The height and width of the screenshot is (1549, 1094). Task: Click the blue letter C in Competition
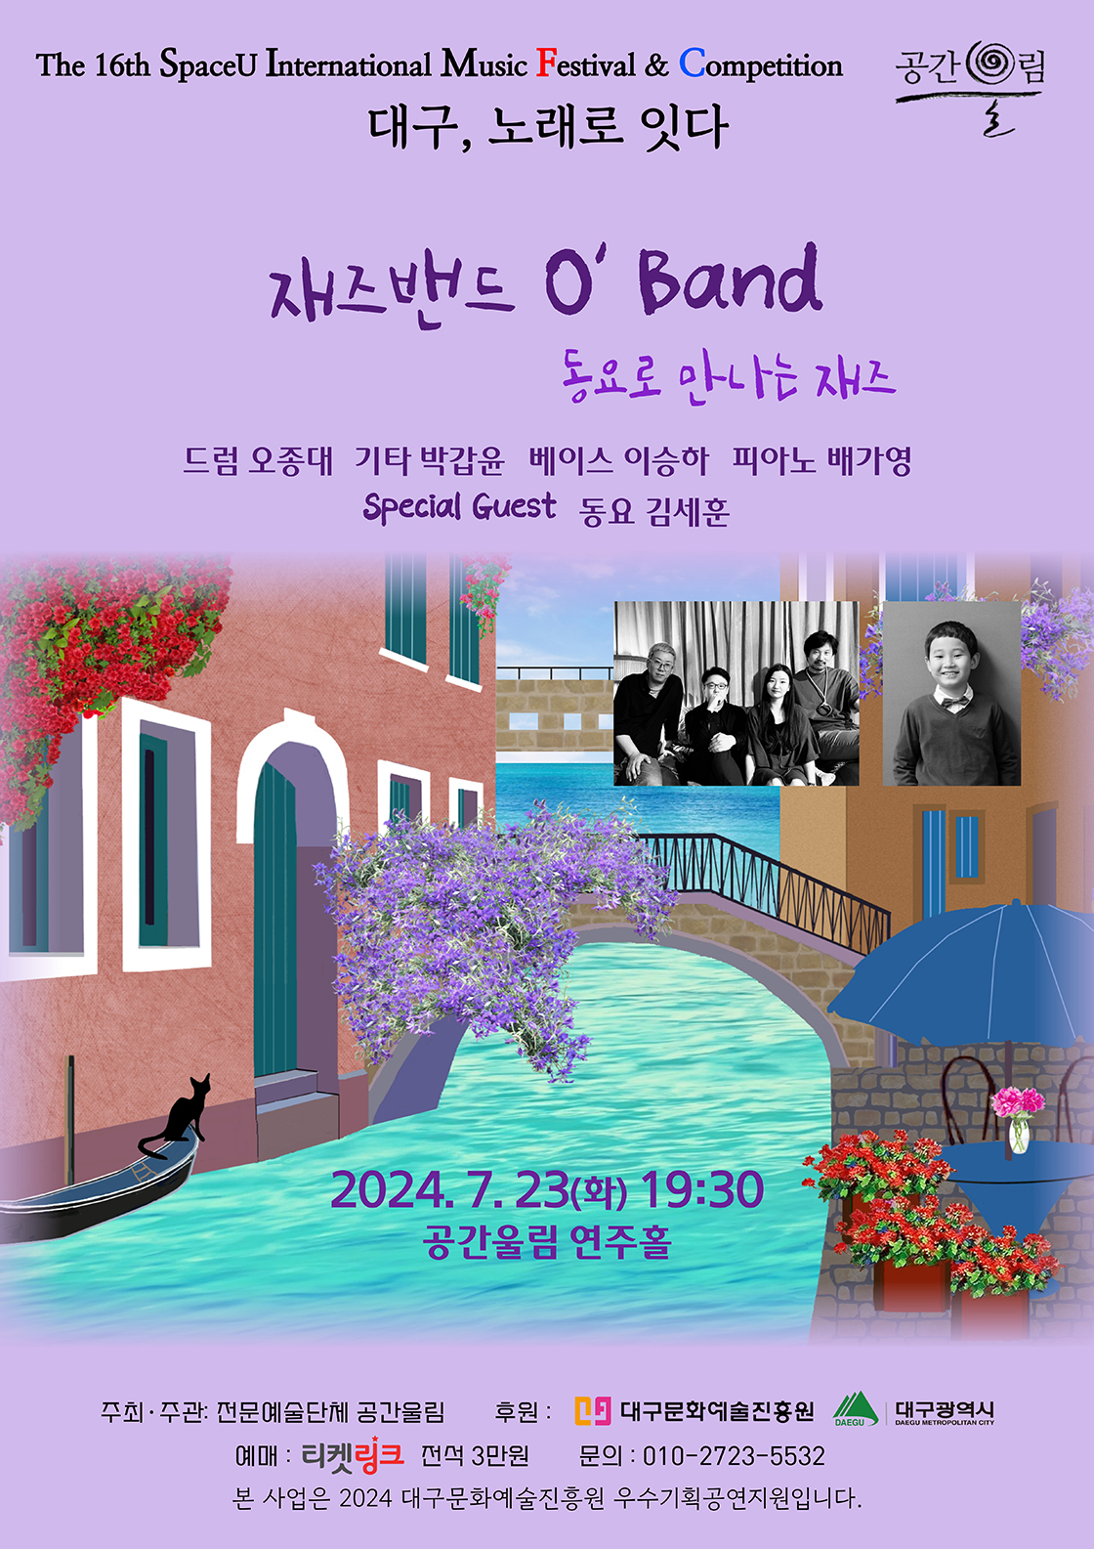(x=692, y=65)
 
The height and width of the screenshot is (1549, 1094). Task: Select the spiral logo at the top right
(x=990, y=65)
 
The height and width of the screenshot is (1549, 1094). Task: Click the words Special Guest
(x=459, y=507)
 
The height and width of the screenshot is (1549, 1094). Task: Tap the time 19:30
(x=702, y=1189)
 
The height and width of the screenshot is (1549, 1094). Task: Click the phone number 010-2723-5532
(x=733, y=1456)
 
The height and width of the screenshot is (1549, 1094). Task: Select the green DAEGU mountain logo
(x=855, y=1409)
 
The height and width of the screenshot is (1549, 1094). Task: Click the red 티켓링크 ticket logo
(x=353, y=1456)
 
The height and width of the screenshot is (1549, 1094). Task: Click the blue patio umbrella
(x=967, y=977)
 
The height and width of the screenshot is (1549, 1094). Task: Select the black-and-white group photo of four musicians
(x=736, y=693)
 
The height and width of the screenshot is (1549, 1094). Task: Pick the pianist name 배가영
(x=869, y=460)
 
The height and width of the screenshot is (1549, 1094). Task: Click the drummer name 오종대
(x=291, y=460)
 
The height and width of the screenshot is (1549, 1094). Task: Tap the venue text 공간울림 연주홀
(x=547, y=1242)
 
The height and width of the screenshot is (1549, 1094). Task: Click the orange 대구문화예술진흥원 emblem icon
(x=592, y=1410)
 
